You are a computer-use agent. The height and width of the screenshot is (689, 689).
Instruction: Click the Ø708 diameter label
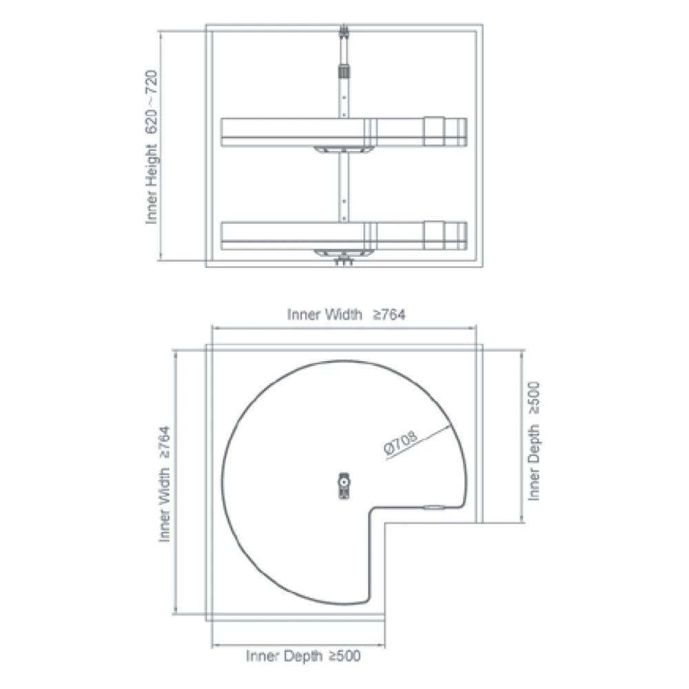pyautogui.click(x=400, y=442)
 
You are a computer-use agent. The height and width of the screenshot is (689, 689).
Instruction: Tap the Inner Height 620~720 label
pyautogui.click(x=151, y=147)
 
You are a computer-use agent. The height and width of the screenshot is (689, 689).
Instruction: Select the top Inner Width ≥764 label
pyautogui.click(x=347, y=315)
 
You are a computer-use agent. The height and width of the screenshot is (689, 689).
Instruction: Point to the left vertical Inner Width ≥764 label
pyautogui.click(x=164, y=484)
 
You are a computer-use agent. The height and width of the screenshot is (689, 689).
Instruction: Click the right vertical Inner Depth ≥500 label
pyautogui.click(x=533, y=441)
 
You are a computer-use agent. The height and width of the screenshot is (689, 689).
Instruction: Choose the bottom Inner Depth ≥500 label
pyautogui.click(x=303, y=656)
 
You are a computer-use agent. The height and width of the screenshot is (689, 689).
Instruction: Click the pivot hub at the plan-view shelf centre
pyautogui.click(x=344, y=486)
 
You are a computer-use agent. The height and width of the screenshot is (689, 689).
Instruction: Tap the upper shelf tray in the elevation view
pyautogui.click(x=344, y=132)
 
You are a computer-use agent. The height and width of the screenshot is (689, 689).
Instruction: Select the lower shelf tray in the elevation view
pyautogui.click(x=344, y=236)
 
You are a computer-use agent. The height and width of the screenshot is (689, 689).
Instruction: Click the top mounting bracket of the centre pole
pyautogui.click(x=344, y=32)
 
